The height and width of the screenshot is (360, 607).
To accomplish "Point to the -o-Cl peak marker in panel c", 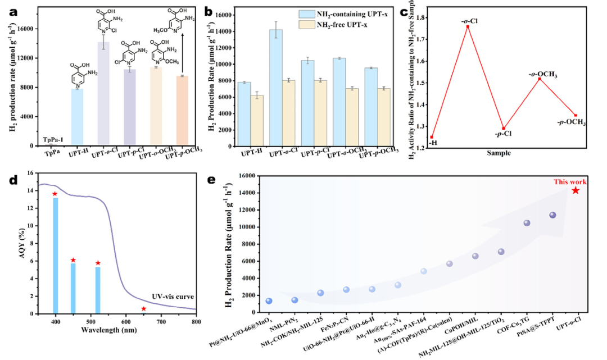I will (x=467, y=26).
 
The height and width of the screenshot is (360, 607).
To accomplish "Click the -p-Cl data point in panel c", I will (x=503, y=129).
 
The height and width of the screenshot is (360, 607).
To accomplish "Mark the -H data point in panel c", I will (x=432, y=137).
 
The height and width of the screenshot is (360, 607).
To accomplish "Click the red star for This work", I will (x=576, y=190).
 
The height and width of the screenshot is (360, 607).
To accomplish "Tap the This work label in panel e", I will (x=570, y=181).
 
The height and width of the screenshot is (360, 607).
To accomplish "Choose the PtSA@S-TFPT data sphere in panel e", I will (x=552, y=215).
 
